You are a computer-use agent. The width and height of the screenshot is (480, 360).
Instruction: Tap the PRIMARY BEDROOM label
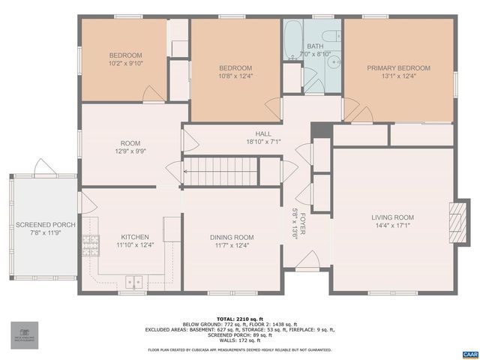pyautogui.click(x=397, y=68)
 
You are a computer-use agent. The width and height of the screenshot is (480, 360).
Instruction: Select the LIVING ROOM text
pyautogui.click(x=392, y=218)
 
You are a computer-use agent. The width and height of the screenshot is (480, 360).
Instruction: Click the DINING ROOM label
pyautogui.click(x=231, y=237)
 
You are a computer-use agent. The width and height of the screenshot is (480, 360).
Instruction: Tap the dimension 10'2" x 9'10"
pyautogui.click(x=125, y=63)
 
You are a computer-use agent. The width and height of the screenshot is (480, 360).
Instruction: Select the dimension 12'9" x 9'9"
pyautogui.click(x=130, y=151)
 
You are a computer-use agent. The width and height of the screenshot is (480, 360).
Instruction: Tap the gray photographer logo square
pyautogui.click(x=24, y=334)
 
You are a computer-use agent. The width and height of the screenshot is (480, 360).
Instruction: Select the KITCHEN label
pyautogui.click(x=135, y=237)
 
